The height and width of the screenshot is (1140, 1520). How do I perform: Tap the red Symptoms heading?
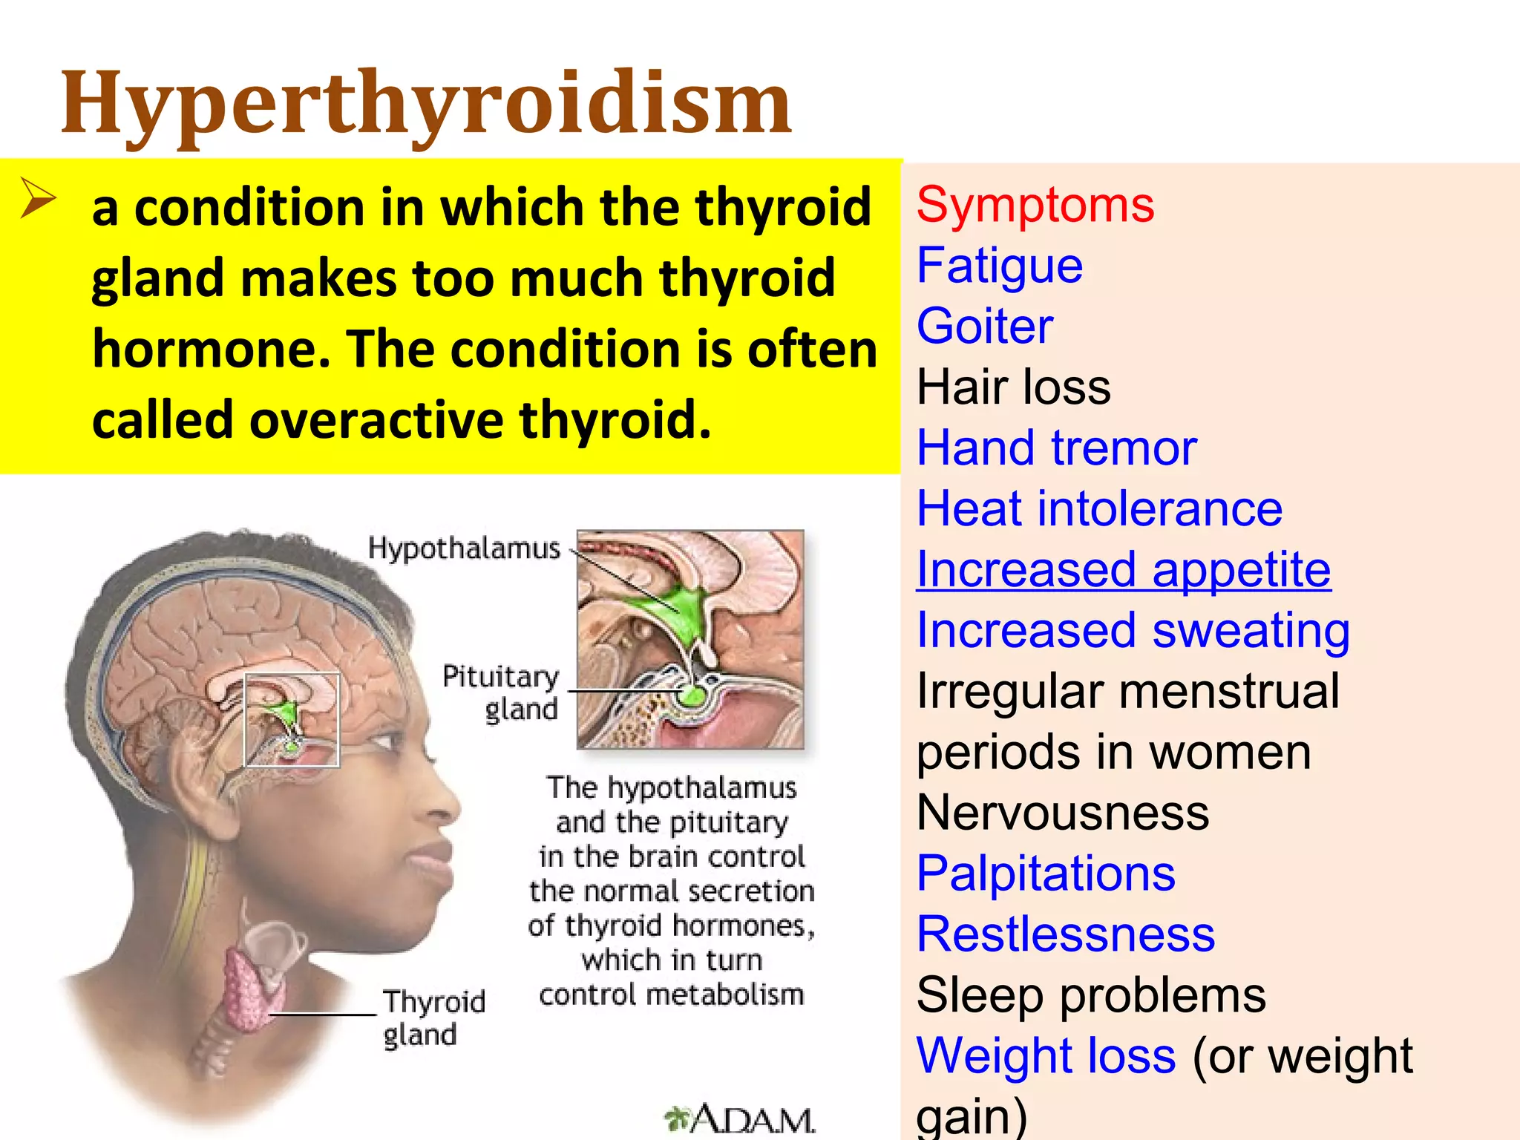pos(1035,205)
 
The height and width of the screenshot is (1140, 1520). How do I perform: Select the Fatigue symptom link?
pos(1000,266)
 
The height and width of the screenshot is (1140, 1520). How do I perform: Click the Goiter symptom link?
pos(985,327)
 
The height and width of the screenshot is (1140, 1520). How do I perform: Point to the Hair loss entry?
pos(1013,387)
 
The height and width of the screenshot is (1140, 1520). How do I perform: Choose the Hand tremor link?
pos(1057,448)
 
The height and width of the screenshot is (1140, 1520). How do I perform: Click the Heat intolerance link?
pos(1099,509)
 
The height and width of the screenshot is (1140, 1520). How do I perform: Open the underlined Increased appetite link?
pos(1124,570)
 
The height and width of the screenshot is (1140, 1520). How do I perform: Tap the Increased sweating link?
pos(1133,631)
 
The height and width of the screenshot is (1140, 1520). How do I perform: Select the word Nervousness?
pos(1063,813)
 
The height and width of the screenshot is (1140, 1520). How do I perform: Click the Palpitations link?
pos(1046,874)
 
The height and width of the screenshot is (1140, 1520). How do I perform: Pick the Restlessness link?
pos(1066,934)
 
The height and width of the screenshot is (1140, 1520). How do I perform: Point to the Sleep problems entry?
pos(1091,995)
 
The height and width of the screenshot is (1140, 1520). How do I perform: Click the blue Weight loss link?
pos(1046,1056)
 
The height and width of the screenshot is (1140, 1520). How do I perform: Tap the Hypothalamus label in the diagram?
pos(464,548)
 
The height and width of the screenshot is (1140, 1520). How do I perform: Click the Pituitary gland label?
pos(502,692)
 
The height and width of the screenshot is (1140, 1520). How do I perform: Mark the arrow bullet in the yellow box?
pos(37,198)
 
